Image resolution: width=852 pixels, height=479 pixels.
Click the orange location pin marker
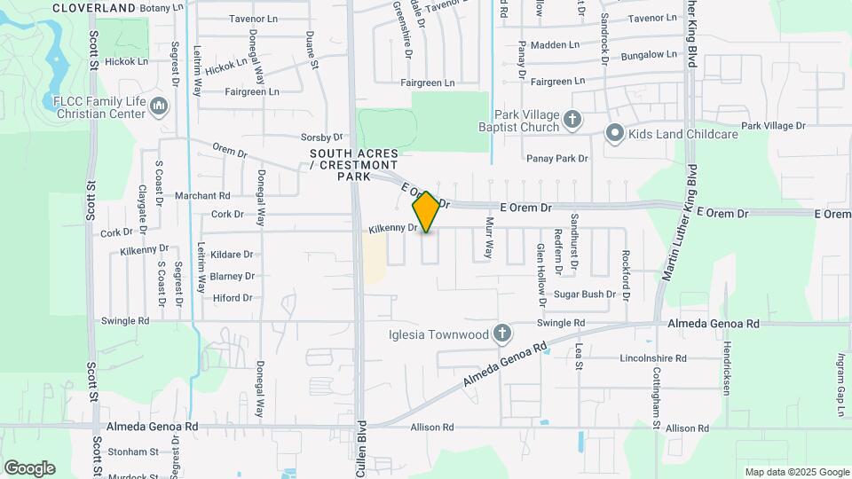426,212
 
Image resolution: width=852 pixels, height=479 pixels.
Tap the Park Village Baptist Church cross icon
573,119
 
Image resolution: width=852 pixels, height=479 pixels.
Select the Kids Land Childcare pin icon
614,134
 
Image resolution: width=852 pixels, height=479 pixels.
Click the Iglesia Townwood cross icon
502,334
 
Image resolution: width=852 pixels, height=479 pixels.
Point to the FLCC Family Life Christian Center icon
160,106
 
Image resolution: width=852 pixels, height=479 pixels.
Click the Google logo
29,467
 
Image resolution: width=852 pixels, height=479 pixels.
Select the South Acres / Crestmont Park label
353,165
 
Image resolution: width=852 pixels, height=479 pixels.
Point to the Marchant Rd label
202,196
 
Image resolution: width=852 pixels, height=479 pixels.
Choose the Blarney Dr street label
233,277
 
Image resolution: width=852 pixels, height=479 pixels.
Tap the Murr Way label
488,238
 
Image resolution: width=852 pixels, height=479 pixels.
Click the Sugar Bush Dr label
585,294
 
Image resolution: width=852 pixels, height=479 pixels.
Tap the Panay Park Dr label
557,159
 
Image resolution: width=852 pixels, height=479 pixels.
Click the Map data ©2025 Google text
796,472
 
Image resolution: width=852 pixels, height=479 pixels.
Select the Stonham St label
132,452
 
